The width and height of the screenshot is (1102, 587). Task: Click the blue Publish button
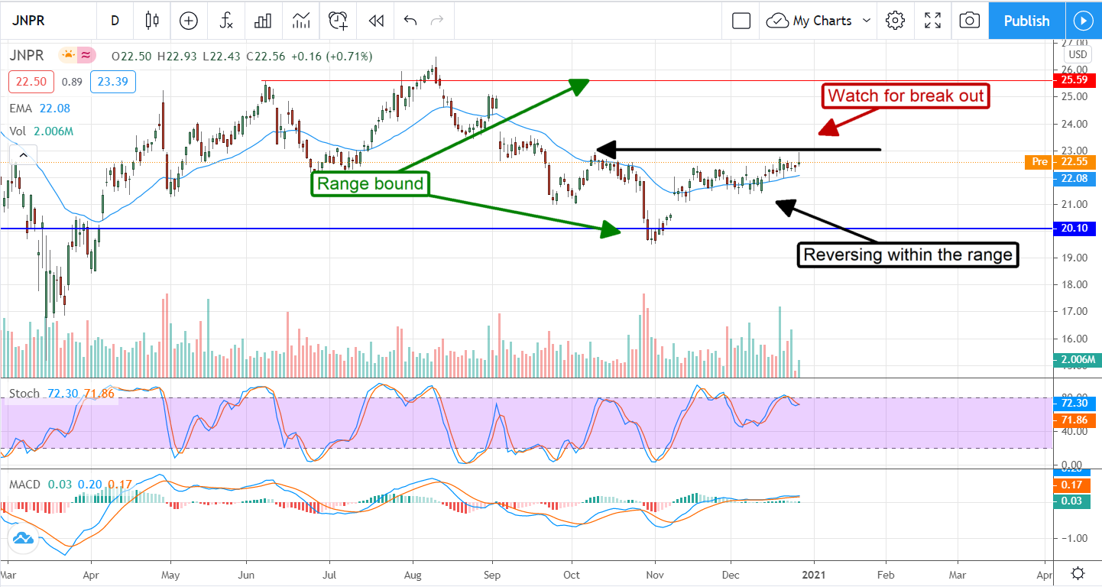pyautogui.click(x=1026, y=21)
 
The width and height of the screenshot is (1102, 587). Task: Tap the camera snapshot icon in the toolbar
pyautogui.click(x=969, y=21)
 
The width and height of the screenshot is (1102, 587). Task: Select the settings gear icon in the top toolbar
pyautogui.click(x=895, y=21)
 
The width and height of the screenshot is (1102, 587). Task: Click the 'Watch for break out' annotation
pyautogui.click(x=906, y=96)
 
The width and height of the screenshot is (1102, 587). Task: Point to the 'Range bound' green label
pyautogui.click(x=370, y=183)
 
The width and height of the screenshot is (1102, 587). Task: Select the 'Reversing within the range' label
pyautogui.click(x=909, y=255)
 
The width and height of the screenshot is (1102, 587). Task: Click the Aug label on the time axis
pyautogui.click(x=413, y=573)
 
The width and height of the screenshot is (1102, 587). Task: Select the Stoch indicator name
pyautogui.click(x=24, y=394)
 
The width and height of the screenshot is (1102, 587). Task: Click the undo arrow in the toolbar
pyautogui.click(x=410, y=21)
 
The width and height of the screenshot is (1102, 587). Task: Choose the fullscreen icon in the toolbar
pyautogui.click(x=932, y=21)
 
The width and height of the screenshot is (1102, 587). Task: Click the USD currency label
pyautogui.click(x=1078, y=54)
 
